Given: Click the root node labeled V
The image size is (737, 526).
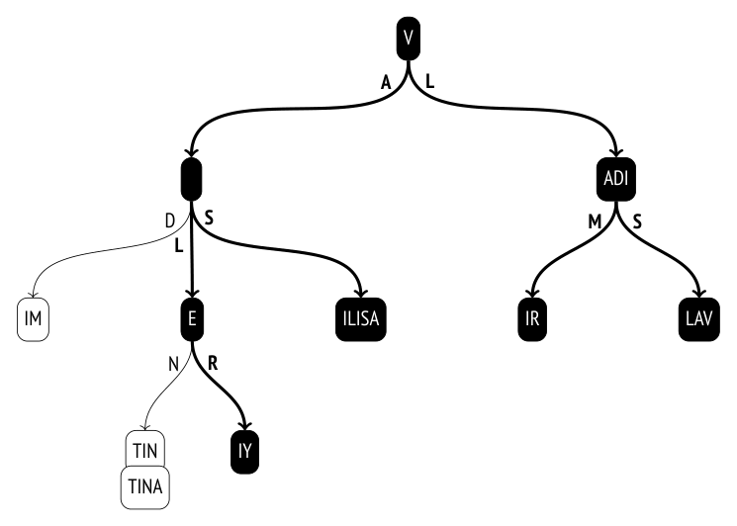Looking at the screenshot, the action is pyautogui.click(x=408, y=39).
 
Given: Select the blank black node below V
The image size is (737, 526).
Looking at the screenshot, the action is pyautogui.click(x=191, y=179).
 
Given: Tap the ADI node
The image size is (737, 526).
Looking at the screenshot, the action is pyautogui.click(x=615, y=179).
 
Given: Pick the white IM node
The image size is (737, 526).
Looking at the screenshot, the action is pyautogui.click(x=33, y=319).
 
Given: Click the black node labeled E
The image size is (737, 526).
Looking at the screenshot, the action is pyautogui.click(x=192, y=319).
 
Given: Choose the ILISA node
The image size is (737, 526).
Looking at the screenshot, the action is pyautogui.click(x=361, y=319).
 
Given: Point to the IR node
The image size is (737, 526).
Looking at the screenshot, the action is pyautogui.click(x=532, y=319).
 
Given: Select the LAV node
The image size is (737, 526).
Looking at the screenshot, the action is pyautogui.click(x=699, y=319).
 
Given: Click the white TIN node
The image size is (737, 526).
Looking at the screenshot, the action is pyautogui.click(x=145, y=449).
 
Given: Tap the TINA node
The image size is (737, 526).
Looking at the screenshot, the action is pyautogui.click(x=145, y=487).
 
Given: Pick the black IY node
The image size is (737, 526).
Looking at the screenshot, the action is pyautogui.click(x=245, y=452).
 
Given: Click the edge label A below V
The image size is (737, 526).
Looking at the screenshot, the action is pyautogui.click(x=386, y=83).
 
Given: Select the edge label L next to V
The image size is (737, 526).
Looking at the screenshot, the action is pyautogui.click(x=429, y=82).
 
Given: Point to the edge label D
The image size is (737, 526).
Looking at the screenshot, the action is pyautogui.click(x=170, y=220).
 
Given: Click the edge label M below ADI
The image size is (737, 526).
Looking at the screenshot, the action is pyautogui.click(x=595, y=221).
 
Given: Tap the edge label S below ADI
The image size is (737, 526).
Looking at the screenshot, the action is pyautogui.click(x=637, y=221).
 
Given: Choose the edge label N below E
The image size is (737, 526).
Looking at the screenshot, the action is pyautogui.click(x=173, y=364).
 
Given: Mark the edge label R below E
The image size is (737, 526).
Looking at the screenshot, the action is pyautogui.click(x=213, y=363).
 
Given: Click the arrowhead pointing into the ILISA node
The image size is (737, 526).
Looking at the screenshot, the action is pyautogui.click(x=360, y=293).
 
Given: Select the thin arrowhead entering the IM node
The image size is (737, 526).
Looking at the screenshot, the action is pyautogui.click(x=33, y=294).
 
